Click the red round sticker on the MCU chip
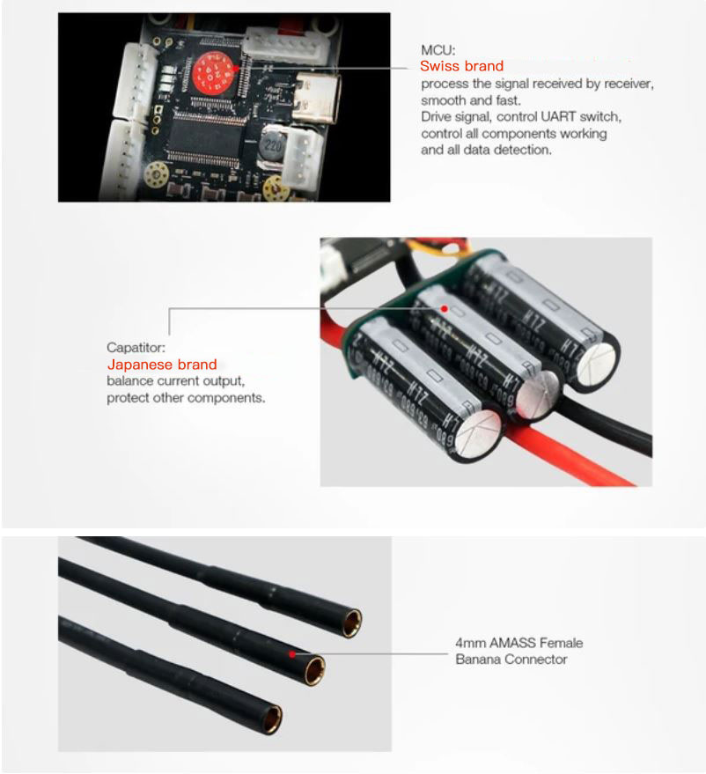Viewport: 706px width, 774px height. click(x=213, y=74)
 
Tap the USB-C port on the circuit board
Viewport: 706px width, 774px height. click(x=315, y=98)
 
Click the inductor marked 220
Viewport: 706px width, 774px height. click(x=273, y=145)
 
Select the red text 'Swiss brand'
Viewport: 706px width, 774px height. click(x=462, y=66)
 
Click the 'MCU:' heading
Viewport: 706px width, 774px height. click(x=438, y=50)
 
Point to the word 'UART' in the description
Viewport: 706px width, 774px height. click(x=558, y=116)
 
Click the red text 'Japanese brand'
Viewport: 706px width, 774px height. click(x=162, y=365)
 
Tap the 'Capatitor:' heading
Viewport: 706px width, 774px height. click(x=136, y=348)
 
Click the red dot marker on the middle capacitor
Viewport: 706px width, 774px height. click(x=444, y=308)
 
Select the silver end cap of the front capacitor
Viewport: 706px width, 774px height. click(x=477, y=433)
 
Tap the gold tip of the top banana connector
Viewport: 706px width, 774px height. click(x=352, y=623)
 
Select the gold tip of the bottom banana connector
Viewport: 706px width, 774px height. click(x=272, y=719)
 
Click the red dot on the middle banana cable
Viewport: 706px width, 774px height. click(x=292, y=654)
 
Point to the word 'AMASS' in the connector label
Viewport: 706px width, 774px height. click(x=512, y=643)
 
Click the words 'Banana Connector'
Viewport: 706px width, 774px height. click(x=511, y=659)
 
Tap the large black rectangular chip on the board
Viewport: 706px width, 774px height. click(x=206, y=136)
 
